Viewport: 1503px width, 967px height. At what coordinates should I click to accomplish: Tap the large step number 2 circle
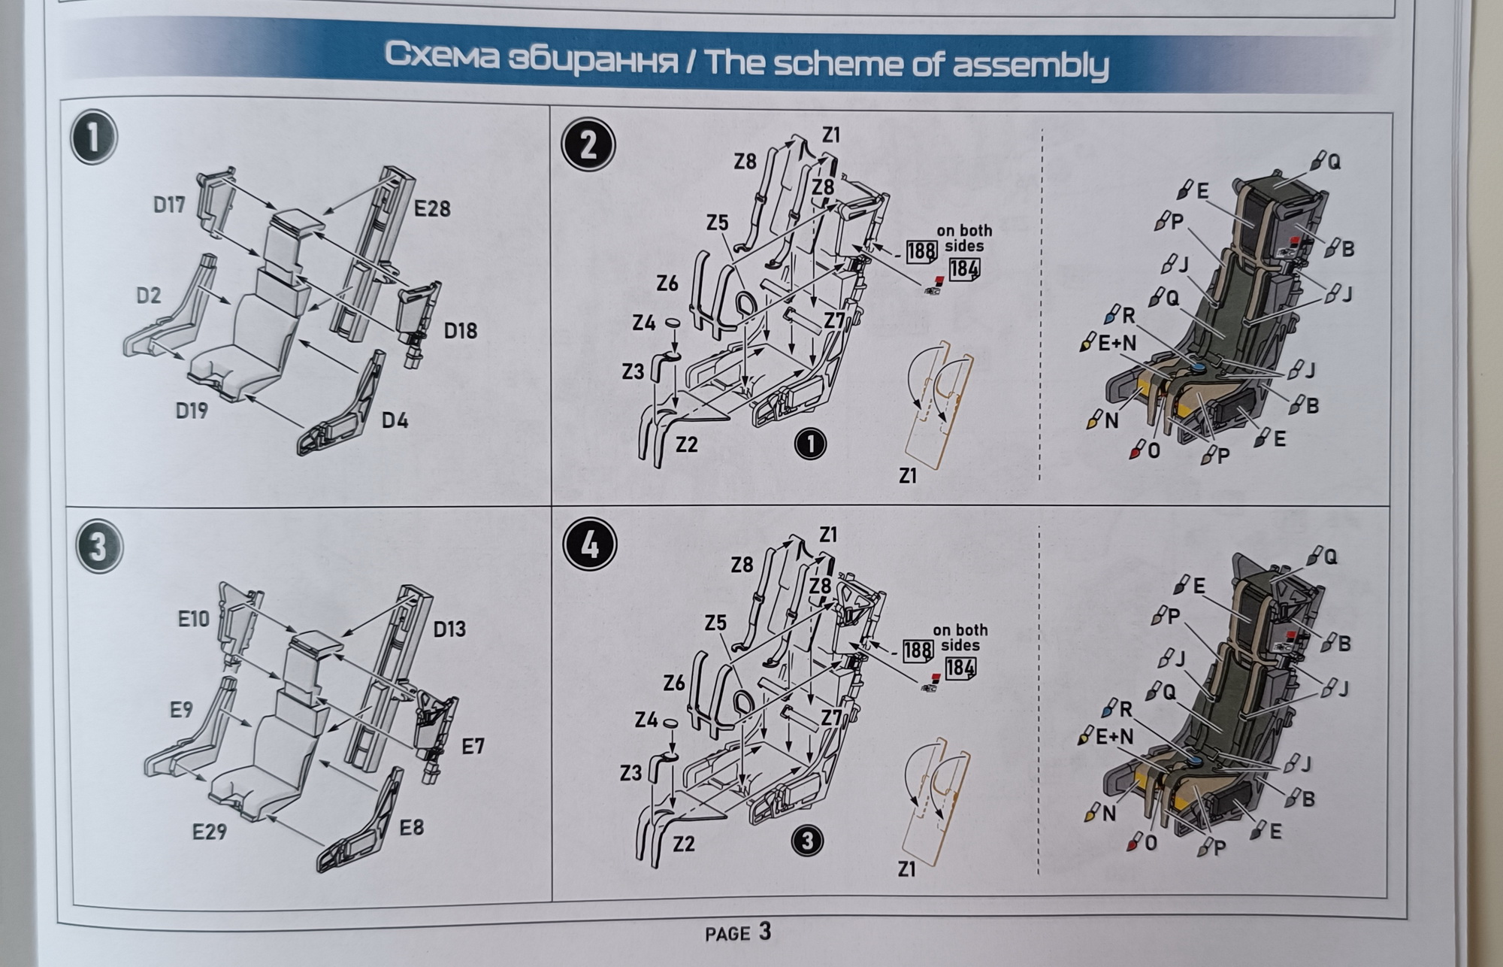588,144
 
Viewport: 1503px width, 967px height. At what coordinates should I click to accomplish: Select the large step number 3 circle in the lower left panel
98,547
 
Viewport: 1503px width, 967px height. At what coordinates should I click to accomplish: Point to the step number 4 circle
590,544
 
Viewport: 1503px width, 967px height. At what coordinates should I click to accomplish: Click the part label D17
169,205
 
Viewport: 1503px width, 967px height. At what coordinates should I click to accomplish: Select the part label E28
432,208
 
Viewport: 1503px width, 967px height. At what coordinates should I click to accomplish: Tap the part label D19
192,411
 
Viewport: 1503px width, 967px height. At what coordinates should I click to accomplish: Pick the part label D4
395,420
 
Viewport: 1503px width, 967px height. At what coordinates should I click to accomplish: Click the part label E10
194,619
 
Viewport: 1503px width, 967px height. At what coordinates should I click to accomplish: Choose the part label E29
209,832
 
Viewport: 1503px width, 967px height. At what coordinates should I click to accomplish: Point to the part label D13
449,629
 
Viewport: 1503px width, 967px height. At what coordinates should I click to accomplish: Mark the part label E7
473,746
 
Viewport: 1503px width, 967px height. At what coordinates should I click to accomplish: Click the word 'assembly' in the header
1030,65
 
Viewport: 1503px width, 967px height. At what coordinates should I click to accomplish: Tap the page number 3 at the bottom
764,932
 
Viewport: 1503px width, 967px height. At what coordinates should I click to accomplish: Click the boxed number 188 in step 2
921,250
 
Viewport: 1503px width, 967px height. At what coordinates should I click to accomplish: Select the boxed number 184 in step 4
960,668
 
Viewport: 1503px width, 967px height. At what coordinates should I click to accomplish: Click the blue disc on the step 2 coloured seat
1199,367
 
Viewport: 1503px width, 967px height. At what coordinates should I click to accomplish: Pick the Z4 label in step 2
643,323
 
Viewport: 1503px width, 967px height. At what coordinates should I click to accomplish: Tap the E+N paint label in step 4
1114,736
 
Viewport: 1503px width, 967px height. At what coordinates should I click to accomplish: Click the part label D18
460,330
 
